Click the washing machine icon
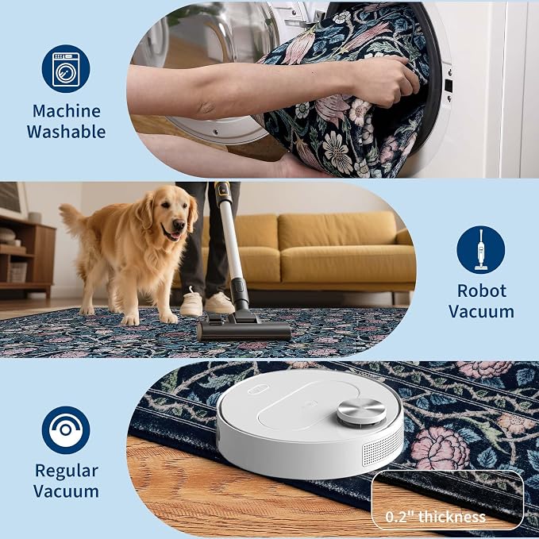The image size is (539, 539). click(x=66, y=69)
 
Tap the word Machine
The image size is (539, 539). click(x=67, y=111)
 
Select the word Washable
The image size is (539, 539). click(x=67, y=132)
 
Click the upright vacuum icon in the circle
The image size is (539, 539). click(x=480, y=250)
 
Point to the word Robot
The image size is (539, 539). click(x=482, y=291)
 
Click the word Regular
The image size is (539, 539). click(x=67, y=472)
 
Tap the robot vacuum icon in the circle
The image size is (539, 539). click(x=66, y=429)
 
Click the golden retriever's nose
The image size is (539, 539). click(x=179, y=225)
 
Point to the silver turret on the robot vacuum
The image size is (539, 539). click(x=361, y=411)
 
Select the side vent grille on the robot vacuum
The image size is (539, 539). click(x=383, y=447)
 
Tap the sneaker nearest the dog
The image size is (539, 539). click(x=191, y=302)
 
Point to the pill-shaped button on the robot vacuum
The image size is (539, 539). click(x=258, y=389)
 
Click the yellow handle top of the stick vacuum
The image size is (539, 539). click(x=222, y=190)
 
